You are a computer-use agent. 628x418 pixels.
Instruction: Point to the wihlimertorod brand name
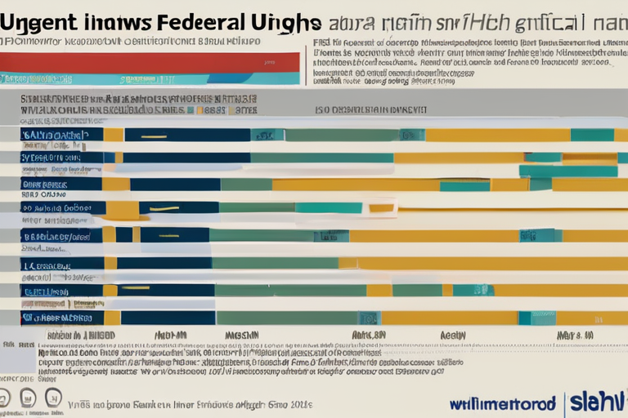tap(502, 403)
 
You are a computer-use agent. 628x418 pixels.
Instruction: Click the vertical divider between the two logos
tap(564, 401)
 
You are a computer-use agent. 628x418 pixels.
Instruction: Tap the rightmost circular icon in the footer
tap(53, 398)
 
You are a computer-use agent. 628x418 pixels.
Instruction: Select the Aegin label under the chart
tap(452, 335)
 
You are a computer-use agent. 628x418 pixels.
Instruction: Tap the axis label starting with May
tap(574, 335)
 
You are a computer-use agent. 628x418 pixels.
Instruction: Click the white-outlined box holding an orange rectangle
tap(381, 208)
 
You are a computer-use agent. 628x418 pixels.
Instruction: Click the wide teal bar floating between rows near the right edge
tap(567, 171)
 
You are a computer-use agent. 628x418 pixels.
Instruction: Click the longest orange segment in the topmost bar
tap(497, 135)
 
